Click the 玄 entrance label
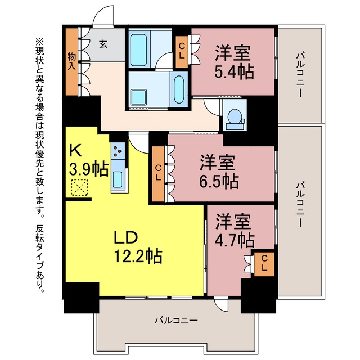[x=103, y=44]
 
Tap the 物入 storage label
[x=71, y=61]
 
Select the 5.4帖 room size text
[x=234, y=72]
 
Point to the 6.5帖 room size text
[x=219, y=181]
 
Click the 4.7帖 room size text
[x=235, y=240]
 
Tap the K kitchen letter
[x=75, y=151]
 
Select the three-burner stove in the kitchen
[x=118, y=151]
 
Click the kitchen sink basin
[x=118, y=179]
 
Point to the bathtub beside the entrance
[x=138, y=50]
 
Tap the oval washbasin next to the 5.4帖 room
[x=179, y=89]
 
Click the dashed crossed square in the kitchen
[x=79, y=187]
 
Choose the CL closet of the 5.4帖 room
[x=182, y=52]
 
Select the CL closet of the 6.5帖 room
[x=158, y=174]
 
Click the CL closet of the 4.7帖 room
[x=264, y=264]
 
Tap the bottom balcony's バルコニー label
[x=176, y=320]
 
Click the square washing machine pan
[x=139, y=97]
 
